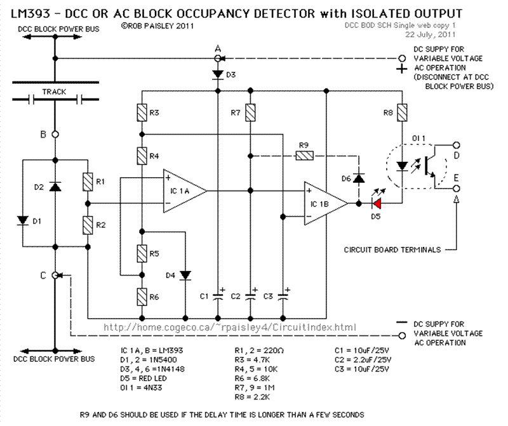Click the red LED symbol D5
coord(377,204)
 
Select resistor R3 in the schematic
coord(142,113)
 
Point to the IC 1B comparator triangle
coord(326,203)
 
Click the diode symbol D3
coord(218,75)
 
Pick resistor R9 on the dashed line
coord(305,156)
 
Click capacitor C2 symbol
coord(250,296)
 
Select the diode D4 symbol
coord(185,276)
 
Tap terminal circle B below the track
coord(55,134)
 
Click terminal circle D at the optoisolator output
coord(456,145)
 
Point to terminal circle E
coord(456,188)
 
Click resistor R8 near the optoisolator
coord(402,113)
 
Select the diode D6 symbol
coord(358,178)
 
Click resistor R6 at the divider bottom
coord(142,296)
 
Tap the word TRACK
coord(54,92)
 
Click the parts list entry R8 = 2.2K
coord(252,397)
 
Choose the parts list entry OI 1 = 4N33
coord(141,388)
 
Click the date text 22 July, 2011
coord(431,34)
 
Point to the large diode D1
coord(23,221)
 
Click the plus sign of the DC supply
coord(402,69)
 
